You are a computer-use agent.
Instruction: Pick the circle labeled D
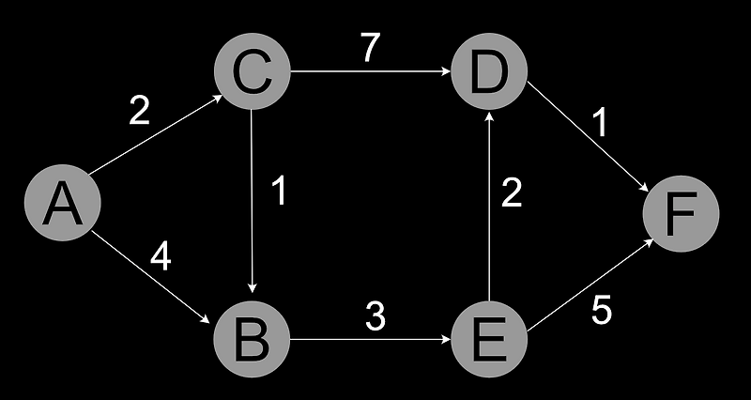point(488,73)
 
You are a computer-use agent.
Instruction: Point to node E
point(488,339)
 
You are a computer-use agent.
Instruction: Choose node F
point(680,214)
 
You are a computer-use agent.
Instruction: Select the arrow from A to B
point(156,276)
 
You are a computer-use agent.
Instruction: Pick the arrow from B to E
point(370,339)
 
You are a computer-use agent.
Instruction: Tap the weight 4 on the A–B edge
point(161,256)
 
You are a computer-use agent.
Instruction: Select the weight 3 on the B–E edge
point(375,317)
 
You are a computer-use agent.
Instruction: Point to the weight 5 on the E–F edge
point(602,311)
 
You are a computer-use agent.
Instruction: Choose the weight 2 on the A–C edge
point(139,111)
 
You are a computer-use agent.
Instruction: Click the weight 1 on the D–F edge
point(598,122)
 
